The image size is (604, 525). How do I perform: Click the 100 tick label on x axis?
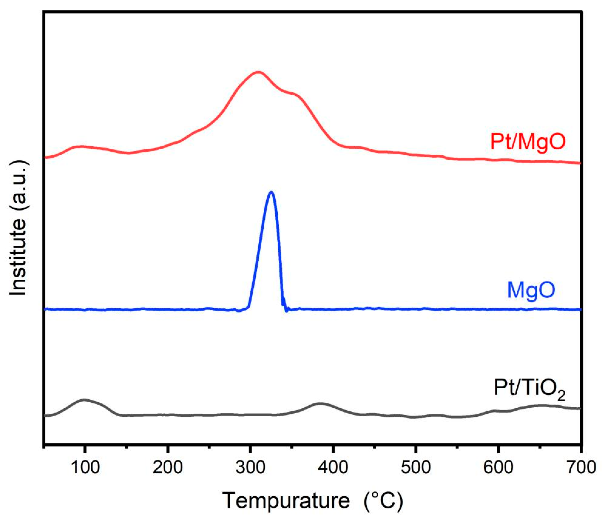(85, 467)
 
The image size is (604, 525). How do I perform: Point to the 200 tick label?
(168, 467)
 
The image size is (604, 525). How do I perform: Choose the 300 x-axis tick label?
(250, 467)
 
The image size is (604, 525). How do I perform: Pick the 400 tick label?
(333, 467)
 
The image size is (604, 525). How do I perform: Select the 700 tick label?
(581, 467)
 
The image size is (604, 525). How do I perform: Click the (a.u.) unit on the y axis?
(18, 188)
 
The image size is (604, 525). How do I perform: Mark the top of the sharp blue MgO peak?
(271, 192)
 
